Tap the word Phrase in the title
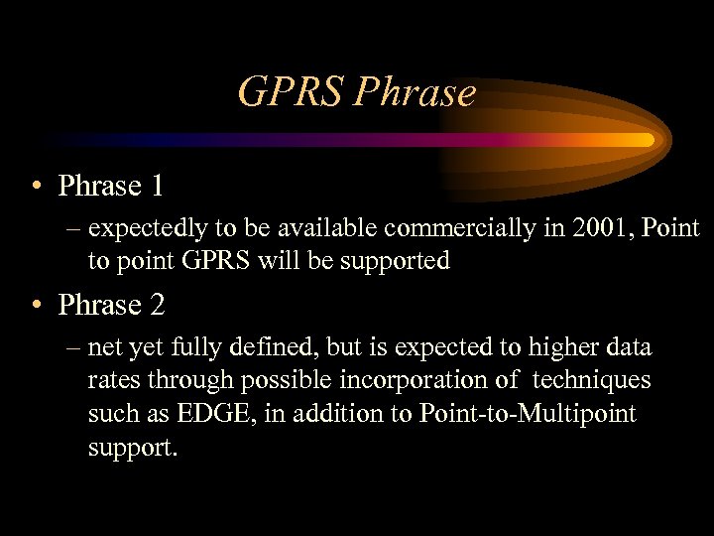[x=415, y=93]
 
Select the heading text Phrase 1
[x=111, y=186]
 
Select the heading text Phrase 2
[x=111, y=305]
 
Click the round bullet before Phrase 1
[x=36, y=187]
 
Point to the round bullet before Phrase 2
[x=36, y=306]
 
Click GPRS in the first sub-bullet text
[x=207, y=261]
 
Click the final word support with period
[x=133, y=447]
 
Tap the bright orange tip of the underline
[x=646, y=140]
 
